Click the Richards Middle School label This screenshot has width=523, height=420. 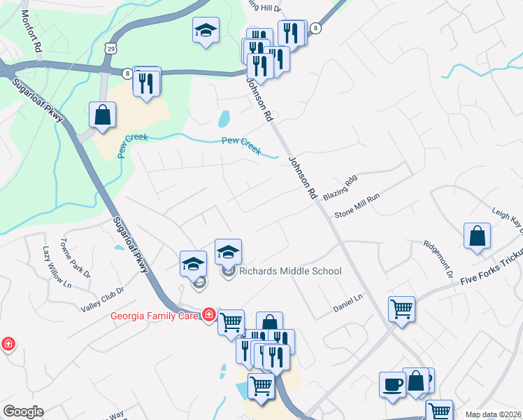290,271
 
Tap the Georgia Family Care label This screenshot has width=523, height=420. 155,316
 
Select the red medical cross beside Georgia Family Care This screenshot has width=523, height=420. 208,316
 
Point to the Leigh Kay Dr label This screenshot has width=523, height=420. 508,220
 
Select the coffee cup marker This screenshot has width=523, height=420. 393,384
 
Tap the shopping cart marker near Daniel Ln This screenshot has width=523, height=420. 401,309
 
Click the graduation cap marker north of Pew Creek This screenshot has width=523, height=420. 205,31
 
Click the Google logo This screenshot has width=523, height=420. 23,412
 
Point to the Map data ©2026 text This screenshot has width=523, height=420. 493,414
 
